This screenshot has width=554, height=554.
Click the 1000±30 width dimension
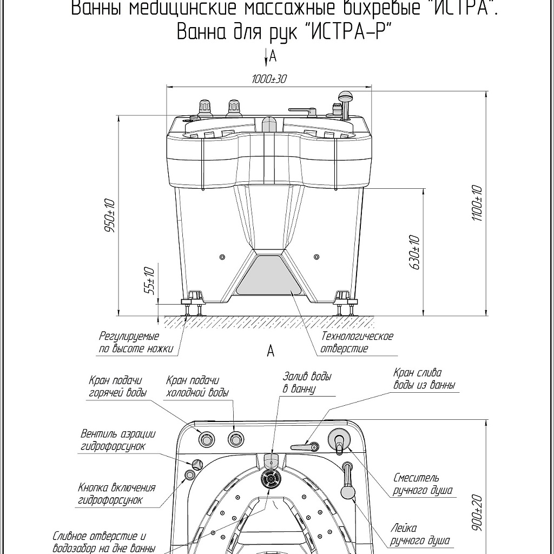pyautogui.click(x=269, y=79)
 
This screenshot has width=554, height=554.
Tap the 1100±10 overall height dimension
pyautogui.click(x=477, y=203)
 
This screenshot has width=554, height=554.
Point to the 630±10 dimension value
pyautogui.click(x=414, y=253)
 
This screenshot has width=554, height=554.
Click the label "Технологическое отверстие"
pyautogui.click(x=357, y=342)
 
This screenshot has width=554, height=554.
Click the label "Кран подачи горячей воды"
pyautogui.click(x=118, y=387)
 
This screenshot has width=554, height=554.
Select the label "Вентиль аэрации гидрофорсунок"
pyautogui.click(x=118, y=440)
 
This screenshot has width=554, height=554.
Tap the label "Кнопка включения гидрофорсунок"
pyautogui.click(x=116, y=493)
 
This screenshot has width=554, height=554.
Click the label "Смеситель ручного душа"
pyautogui.click(x=423, y=484)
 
